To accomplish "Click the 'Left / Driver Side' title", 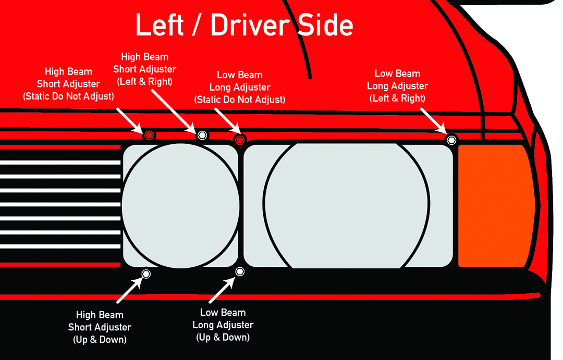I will pos(244,25).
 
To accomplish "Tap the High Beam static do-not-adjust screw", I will pos(149,134).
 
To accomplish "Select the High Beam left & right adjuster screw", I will pos(202,135).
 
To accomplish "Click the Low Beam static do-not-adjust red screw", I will pos(240,140).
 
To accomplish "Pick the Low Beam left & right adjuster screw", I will pos(451,139).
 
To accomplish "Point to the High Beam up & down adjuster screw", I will pos(146,274).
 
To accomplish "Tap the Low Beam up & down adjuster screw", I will pos(240,271).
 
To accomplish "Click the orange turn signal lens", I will pos(495,205).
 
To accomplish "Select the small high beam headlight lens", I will pos(180,205).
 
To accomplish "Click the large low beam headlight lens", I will pos(348,205).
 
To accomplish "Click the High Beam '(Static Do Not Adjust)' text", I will pos(68,96).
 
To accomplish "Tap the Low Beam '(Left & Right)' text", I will pos(397,98).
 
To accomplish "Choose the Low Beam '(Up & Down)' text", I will pos(223,337).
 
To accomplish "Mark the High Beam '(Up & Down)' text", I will pos(100,340).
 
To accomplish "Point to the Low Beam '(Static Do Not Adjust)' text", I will pos(240,100).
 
